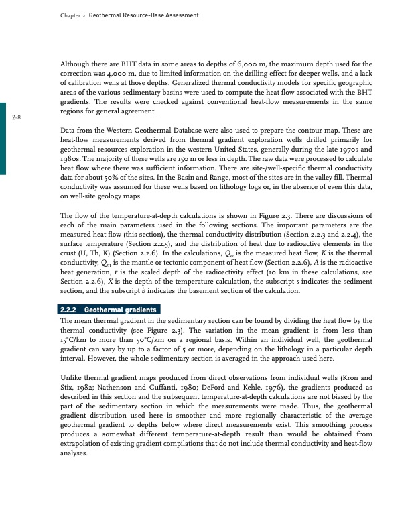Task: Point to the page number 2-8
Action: click(16, 117)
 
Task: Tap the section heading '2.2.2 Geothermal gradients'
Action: click(108, 310)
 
